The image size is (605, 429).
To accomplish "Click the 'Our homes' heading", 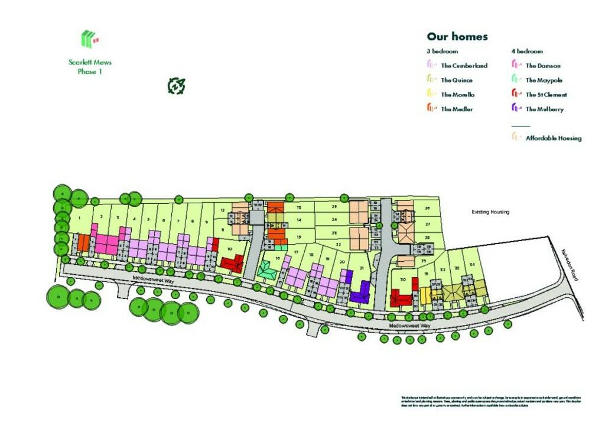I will [x=457, y=37].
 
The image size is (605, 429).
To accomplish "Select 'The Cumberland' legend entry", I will [x=464, y=66].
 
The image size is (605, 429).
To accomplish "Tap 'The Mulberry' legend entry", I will [x=544, y=109].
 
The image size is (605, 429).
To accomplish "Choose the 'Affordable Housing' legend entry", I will [x=553, y=138].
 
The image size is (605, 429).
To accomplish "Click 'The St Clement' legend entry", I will [x=546, y=95].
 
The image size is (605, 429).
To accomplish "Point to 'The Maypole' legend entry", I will [x=544, y=80].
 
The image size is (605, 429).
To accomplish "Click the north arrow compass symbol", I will [x=177, y=86].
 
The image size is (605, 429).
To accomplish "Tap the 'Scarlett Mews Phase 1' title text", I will [x=90, y=67].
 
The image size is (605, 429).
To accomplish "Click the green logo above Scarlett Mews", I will [x=89, y=39].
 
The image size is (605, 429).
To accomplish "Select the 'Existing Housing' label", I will [x=490, y=212].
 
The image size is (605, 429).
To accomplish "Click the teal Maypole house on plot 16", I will [x=267, y=271].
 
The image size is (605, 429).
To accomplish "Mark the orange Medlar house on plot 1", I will [x=84, y=243].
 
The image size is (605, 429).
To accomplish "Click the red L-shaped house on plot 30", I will [x=401, y=298].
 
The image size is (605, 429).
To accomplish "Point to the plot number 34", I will [x=471, y=264].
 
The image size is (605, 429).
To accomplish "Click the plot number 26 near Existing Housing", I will [x=427, y=209].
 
